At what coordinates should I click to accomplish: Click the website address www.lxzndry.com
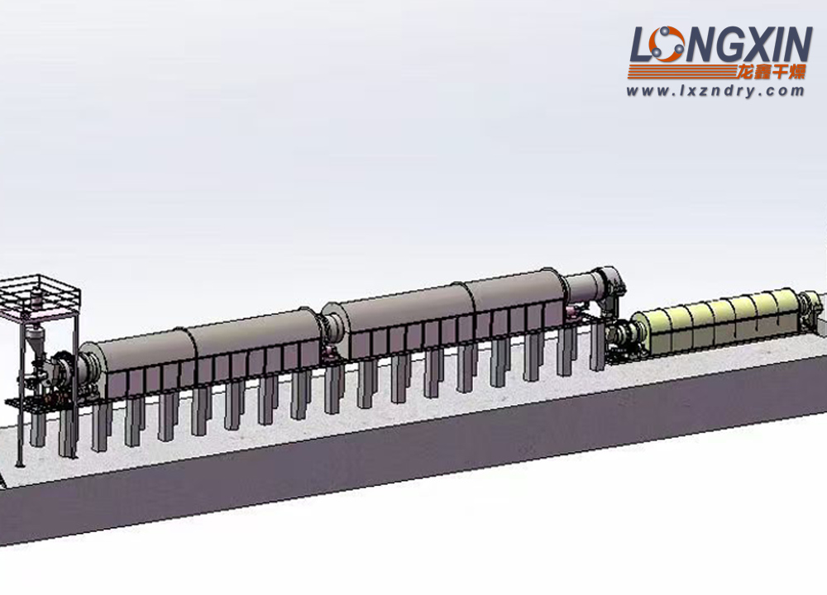tap(715, 91)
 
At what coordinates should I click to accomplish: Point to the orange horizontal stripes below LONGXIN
tap(681, 72)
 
